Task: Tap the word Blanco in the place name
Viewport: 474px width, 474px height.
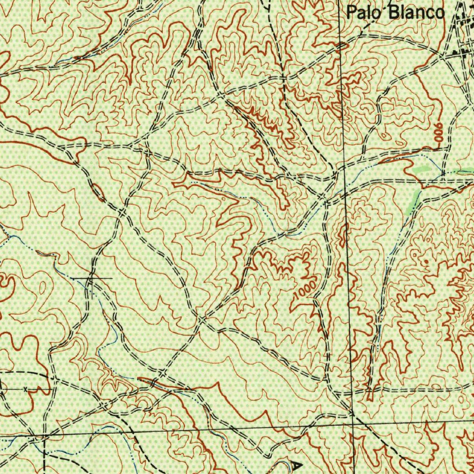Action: [x=415, y=12]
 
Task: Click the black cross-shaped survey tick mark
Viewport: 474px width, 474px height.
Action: [x=91, y=278]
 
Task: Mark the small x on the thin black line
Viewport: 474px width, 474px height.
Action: [x=25, y=389]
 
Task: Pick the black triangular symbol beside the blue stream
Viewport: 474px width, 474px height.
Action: [x=297, y=465]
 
